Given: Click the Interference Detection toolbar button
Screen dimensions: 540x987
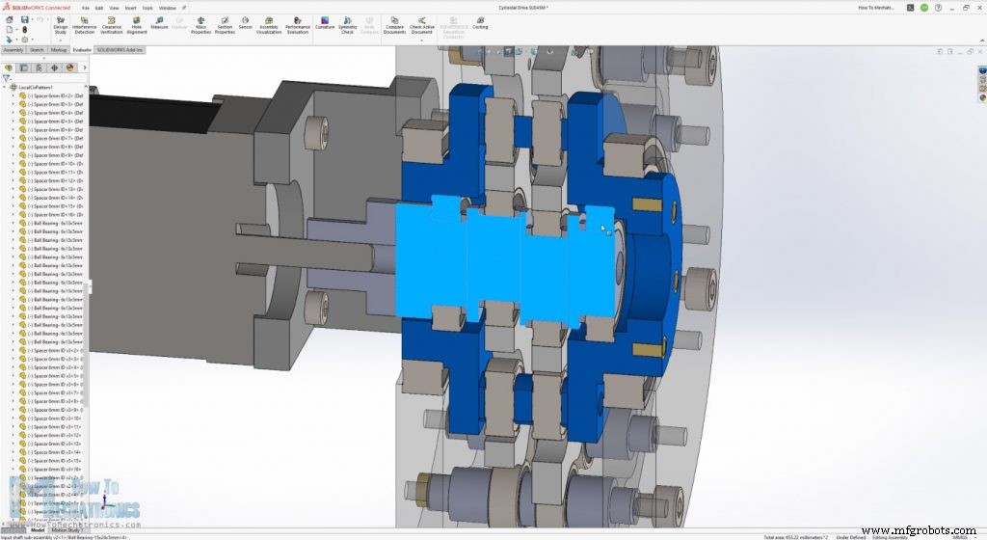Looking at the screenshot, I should point(85,24).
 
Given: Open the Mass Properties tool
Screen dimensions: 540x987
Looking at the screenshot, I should point(200,24).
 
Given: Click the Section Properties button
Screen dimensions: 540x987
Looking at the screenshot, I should point(225,24).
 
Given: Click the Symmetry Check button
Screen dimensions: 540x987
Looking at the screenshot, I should point(347,24).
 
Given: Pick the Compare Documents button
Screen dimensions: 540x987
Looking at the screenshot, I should point(394,24).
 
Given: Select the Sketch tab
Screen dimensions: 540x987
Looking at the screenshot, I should point(37,49).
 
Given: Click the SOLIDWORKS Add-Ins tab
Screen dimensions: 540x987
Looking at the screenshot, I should point(119,49).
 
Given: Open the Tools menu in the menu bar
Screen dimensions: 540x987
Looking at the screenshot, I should point(147,8).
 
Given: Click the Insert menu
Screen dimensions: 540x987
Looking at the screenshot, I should point(130,8).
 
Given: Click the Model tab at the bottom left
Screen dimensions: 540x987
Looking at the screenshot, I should point(38,529).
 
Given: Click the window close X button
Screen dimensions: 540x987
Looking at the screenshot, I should point(978,8).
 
